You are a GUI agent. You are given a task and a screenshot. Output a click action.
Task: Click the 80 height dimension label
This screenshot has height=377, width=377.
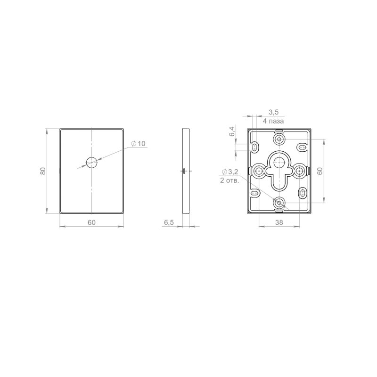[x=43, y=171]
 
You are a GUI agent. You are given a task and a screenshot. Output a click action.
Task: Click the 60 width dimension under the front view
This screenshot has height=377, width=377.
[x=91, y=222]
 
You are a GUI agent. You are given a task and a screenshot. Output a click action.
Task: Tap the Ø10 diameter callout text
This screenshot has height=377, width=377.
[x=139, y=144]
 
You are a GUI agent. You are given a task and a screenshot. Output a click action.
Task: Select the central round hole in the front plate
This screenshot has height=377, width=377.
[x=91, y=163]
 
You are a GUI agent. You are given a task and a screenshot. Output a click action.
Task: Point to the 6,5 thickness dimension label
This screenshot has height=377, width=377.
[x=169, y=222]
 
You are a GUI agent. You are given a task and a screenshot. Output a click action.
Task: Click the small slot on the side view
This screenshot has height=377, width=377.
[x=184, y=171]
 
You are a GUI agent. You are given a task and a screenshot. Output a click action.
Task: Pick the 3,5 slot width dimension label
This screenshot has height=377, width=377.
[x=273, y=112]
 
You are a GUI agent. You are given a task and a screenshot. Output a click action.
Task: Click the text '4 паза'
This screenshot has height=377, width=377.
[x=273, y=121]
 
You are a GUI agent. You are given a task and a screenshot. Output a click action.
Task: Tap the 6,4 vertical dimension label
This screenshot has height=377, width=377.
[x=232, y=131]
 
